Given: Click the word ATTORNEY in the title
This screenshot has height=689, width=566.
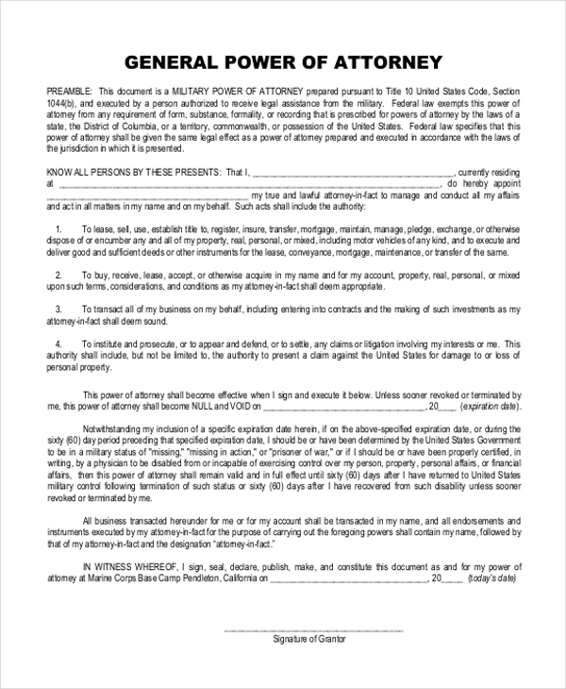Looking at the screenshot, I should [x=385, y=63].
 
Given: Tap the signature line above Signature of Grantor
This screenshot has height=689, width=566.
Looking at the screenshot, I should [x=313, y=629].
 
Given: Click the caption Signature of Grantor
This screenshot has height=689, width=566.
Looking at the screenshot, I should [x=309, y=640].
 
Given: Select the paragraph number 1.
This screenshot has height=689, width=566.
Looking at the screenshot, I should [x=58, y=228].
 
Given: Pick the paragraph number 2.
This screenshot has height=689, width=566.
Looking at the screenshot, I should [x=58, y=275].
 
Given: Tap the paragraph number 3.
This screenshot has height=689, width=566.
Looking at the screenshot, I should [x=58, y=310].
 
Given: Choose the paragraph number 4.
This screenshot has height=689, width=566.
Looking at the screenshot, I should [x=58, y=344].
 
